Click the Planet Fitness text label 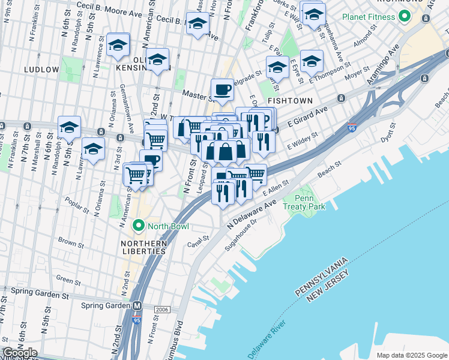(368, 17)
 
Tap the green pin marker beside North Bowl (139, 226)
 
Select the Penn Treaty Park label (310, 203)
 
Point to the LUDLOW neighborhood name (41, 70)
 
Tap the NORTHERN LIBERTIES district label (143, 247)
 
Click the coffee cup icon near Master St (223, 89)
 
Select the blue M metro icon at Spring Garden (137, 305)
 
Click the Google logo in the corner (19, 353)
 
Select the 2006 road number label (161, 310)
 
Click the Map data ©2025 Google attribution (411, 355)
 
